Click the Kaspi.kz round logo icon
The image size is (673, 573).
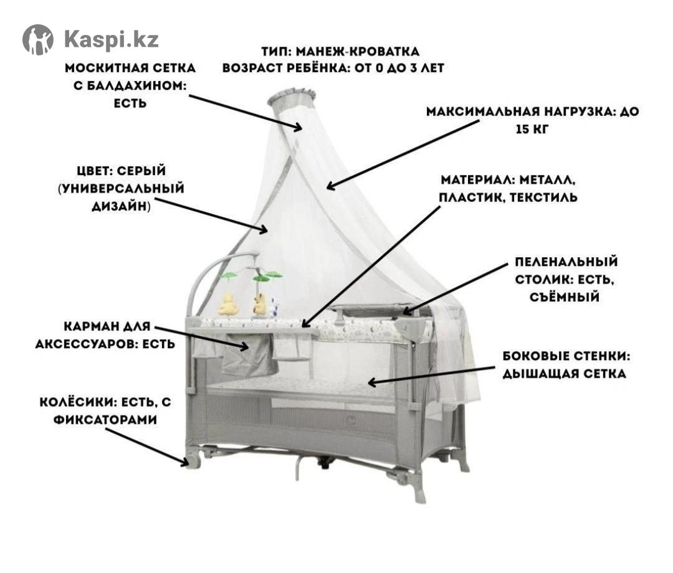click(x=38, y=40)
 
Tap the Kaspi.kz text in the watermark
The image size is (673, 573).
click(x=112, y=39)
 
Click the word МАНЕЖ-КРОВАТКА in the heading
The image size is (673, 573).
click(x=358, y=52)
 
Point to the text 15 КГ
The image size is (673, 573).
click(x=532, y=129)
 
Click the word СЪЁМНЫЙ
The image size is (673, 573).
click(x=564, y=297)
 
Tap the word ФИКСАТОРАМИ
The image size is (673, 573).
click(x=105, y=419)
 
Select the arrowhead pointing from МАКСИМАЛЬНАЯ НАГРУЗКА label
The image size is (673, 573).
click(x=331, y=185)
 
